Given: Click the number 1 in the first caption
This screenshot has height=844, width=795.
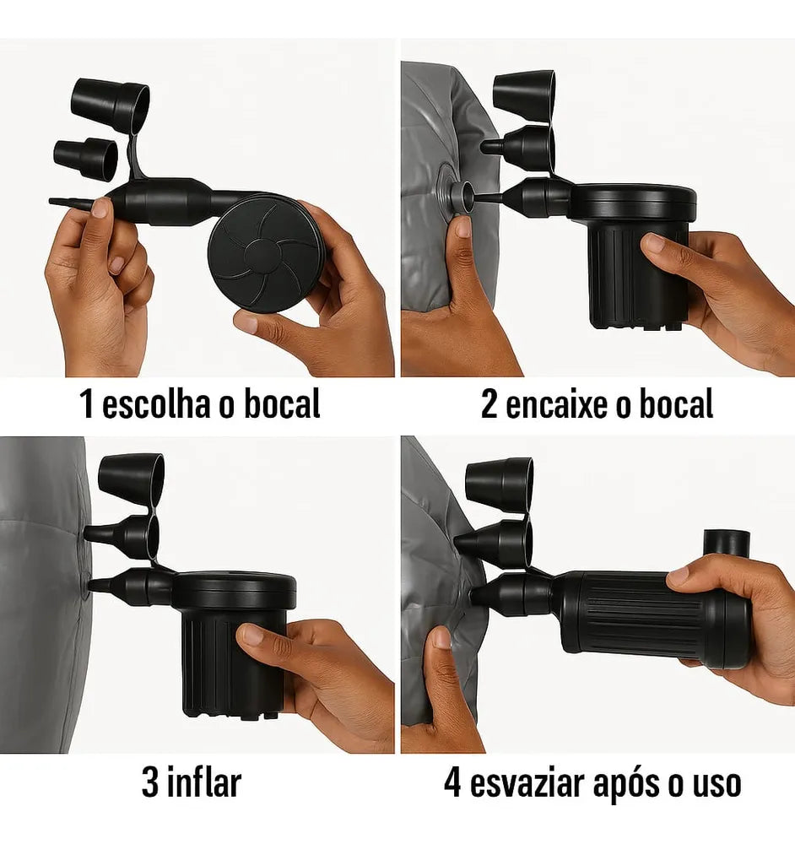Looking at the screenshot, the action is tap(86, 403).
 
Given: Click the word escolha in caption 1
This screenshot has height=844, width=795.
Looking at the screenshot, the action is tap(156, 403).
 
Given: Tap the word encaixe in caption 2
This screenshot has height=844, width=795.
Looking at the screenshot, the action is tap(557, 404).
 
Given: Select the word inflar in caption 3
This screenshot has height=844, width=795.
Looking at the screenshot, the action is tap(203, 782).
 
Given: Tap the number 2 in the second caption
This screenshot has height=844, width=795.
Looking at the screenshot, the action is tap(489, 404).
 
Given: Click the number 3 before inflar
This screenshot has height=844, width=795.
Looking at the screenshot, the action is tap(150, 782).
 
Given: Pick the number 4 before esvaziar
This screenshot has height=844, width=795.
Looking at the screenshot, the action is tap(452, 783).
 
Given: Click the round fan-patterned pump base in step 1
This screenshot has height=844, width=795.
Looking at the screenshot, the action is tap(265, 253).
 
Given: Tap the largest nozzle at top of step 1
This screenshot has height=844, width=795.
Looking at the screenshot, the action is tap(111, 105).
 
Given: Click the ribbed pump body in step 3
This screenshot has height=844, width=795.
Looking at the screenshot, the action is tap(231, 662).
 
